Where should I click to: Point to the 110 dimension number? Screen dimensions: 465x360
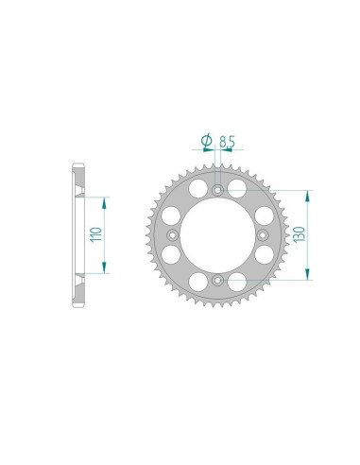coord(95,234)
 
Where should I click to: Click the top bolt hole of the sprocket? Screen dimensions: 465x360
coord(218,190)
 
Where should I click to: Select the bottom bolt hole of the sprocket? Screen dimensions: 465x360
coord(218,280)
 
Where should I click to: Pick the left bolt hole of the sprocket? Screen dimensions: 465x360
coord(173,235)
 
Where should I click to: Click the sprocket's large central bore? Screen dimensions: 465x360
coord(218,235)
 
